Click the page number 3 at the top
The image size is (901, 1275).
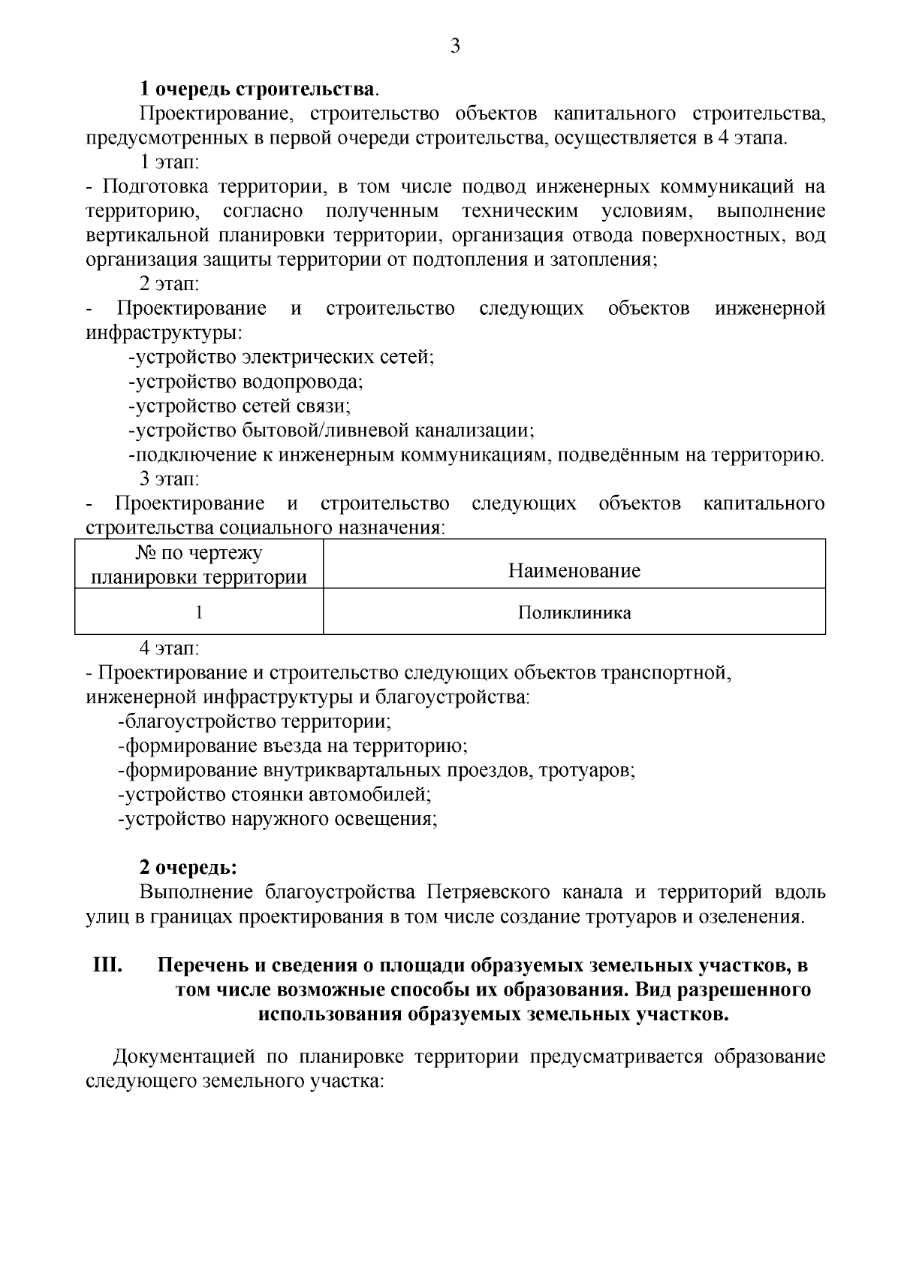tap(454, 47)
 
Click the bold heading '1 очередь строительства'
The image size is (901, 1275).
tap(258, 89)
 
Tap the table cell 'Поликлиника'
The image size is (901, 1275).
tap(574, 613)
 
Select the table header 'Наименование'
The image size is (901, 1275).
tap(574, 571)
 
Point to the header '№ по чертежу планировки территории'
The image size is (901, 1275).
tap(199, 566)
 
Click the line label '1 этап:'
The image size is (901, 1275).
tap(169, 162)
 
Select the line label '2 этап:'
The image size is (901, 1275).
tap(169, 285)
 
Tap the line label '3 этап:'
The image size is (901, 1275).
tap(169, 479)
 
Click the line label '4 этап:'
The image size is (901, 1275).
tap(169, 648)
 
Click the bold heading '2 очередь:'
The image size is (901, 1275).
tap(188, 868)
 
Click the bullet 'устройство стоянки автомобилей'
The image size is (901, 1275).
tap(275, 795)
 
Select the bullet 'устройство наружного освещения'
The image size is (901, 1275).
tap(278, 819)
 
